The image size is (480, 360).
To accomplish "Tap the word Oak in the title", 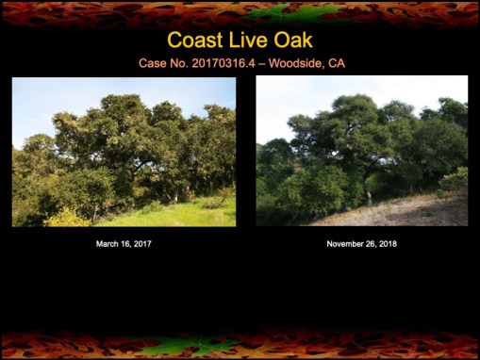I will coord(292,41).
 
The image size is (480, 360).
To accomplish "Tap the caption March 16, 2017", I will coord(124,244).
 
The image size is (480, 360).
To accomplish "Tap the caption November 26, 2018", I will coord(362,244).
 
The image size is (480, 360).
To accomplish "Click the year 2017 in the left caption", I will coord(141,244).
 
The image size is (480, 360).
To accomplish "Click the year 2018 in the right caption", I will coord(387,244).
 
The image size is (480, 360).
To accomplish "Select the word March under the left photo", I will coord(108,244).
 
